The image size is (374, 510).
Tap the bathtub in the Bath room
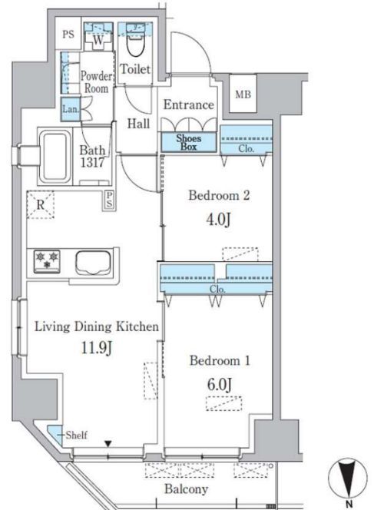click(55, 157)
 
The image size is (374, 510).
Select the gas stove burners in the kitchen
click(47, 260)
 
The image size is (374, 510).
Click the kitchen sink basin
click(93, 263)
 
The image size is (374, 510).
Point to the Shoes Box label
click(189, 142)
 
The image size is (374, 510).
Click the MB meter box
click(243, 94)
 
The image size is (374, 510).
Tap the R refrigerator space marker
click(41, 204)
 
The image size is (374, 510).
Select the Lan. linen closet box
click(71, 108)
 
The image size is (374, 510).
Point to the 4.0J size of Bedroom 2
click(219, 220)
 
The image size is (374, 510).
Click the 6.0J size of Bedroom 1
click(220, 385)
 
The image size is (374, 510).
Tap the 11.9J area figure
click(97, 348)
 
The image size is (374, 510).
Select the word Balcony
click(186, 488)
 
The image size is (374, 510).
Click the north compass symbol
click(348, 480)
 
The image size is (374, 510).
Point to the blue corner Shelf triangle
click(55, 433)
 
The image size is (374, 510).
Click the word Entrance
click(189, 104)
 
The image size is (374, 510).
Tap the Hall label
click(138, 124)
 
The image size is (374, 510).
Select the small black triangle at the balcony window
click(108, 444)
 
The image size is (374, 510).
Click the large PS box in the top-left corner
click(68, 34)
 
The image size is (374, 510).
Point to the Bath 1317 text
click(92, 156)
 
